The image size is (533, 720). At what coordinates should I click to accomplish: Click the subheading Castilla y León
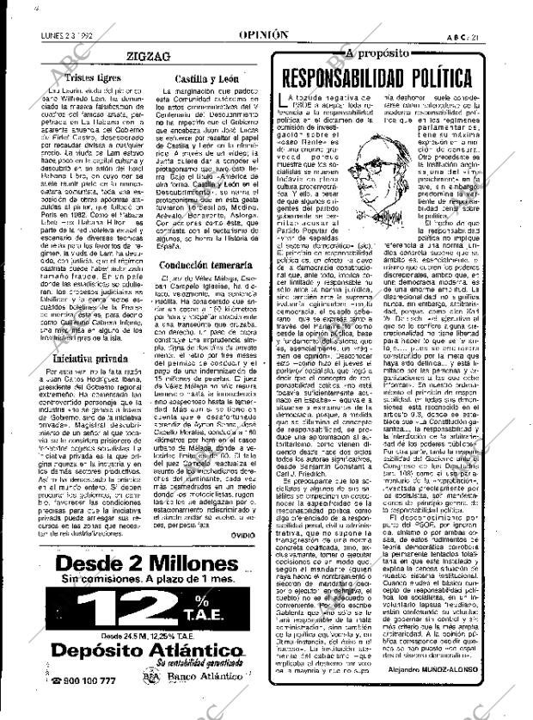click(199, 77)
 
